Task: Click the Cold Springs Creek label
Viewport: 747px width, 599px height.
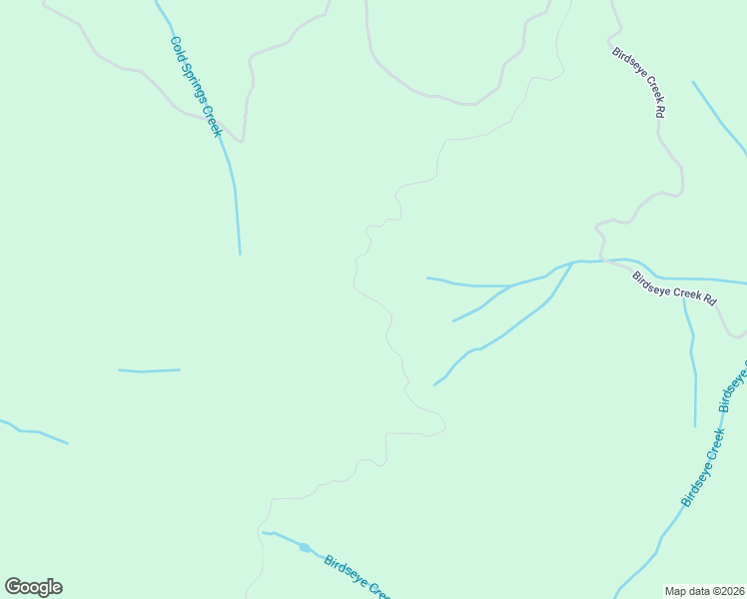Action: click(196, 87)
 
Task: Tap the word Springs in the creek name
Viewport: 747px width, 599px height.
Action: click(195, 85)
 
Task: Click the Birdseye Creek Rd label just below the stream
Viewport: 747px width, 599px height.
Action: click(675, 289)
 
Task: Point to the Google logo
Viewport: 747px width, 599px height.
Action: click(33, 587)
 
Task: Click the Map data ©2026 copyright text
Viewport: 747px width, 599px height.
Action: click(705, 590)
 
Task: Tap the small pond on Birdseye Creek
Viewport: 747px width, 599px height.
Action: click(304, 547)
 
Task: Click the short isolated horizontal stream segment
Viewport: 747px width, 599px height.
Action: click(149, 370)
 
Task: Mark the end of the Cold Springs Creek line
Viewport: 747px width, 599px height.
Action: click(240, 254)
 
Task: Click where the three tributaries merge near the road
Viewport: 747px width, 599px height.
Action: click(572, 263)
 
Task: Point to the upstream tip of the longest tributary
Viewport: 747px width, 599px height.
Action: click(434, 384)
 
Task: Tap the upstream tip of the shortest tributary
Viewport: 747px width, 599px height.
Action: click(453, 321)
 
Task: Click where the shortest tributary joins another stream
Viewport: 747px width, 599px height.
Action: click(511, 287)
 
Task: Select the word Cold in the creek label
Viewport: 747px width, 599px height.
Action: click(177, 46)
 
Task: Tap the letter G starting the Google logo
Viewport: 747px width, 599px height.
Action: click(13, 587)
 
